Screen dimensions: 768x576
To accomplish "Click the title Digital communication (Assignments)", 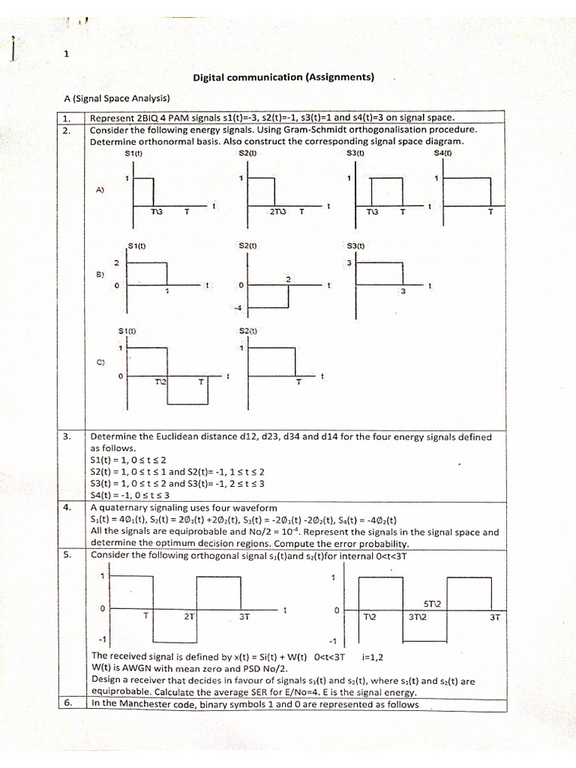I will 283,77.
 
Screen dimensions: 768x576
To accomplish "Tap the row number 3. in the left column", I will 66,436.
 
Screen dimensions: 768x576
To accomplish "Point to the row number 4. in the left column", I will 66,507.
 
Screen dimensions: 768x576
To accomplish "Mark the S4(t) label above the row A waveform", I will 443,154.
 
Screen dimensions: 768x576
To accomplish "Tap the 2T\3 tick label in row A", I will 278,212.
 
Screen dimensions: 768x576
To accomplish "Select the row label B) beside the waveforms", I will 100,274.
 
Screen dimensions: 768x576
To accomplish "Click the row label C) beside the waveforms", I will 100,361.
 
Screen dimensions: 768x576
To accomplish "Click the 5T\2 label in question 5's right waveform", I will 433,603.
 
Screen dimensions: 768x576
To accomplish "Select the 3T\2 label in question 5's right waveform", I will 418,617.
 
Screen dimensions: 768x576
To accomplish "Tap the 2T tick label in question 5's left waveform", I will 189,616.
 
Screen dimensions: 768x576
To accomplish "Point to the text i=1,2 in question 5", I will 373,657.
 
